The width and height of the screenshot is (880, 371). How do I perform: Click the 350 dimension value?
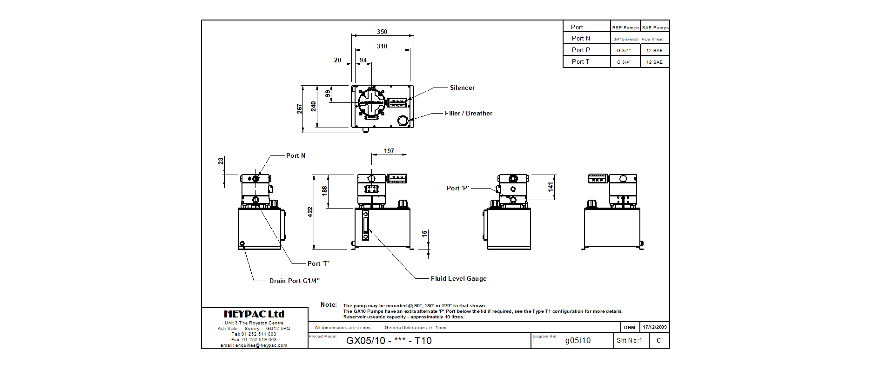[382, 32]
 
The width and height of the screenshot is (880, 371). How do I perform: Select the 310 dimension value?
[382, 47]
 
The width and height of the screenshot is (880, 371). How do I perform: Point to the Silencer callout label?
[462, 88]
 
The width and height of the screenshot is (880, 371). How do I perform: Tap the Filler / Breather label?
[468, 114]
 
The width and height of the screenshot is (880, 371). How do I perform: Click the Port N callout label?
[296, 156]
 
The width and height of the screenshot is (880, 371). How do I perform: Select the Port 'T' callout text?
[318, 264]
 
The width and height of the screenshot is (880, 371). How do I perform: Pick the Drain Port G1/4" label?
[294, 281]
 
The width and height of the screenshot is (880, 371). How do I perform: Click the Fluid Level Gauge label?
[458, 279]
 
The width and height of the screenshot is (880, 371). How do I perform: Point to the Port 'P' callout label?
[458, 189]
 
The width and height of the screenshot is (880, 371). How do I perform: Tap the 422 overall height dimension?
[310, 212]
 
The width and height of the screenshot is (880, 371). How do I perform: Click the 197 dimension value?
[389, 151]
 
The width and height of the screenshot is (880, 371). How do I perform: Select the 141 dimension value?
[551, 187]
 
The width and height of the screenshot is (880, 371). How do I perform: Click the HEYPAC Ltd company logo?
[254, 314]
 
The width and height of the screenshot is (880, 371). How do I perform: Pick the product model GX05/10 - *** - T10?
[389, 341]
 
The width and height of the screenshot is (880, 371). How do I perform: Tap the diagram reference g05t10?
[578, 341]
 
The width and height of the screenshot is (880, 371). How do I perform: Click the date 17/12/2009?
[654, 327]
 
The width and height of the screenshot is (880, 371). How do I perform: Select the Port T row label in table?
[580, 62]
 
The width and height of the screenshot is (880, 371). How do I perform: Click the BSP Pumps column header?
[625, 28]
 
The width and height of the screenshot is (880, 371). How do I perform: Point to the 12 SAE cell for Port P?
[654, 51]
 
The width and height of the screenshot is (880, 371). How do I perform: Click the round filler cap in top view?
[403, 121]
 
